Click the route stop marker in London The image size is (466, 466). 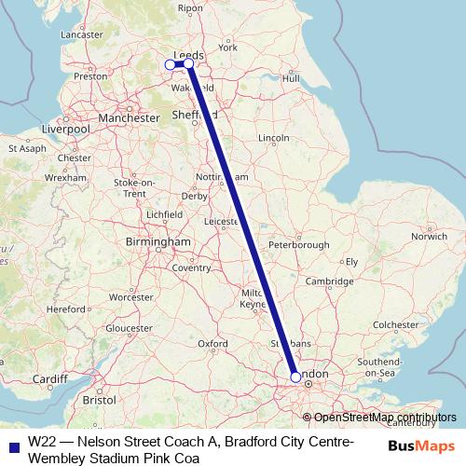tap(295, 377)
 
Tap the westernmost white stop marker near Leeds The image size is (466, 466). tap(170, 64)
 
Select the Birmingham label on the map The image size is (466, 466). tap(158, 242)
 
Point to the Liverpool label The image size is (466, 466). tap(63, 130)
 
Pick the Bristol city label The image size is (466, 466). tap(99, 399)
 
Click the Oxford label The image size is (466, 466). tap(212, 344)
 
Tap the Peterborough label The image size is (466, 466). tap(298, 245)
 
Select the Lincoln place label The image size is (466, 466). tap(274, 138)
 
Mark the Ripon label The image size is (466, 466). tap(190, 8)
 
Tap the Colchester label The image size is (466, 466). tap(399, 324)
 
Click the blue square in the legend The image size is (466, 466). tap(11, 445)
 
